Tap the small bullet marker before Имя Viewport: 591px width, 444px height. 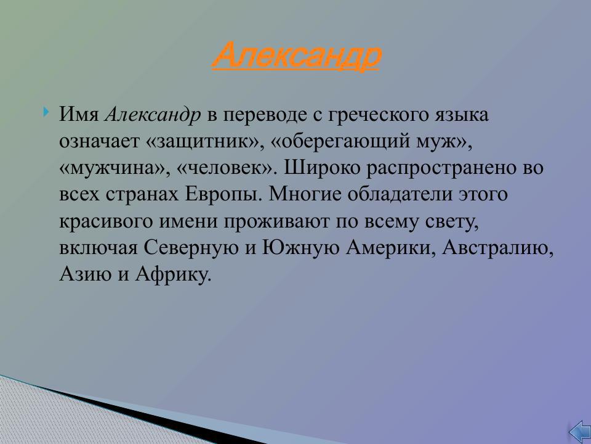(47, 113)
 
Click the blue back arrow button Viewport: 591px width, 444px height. (578, 431)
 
